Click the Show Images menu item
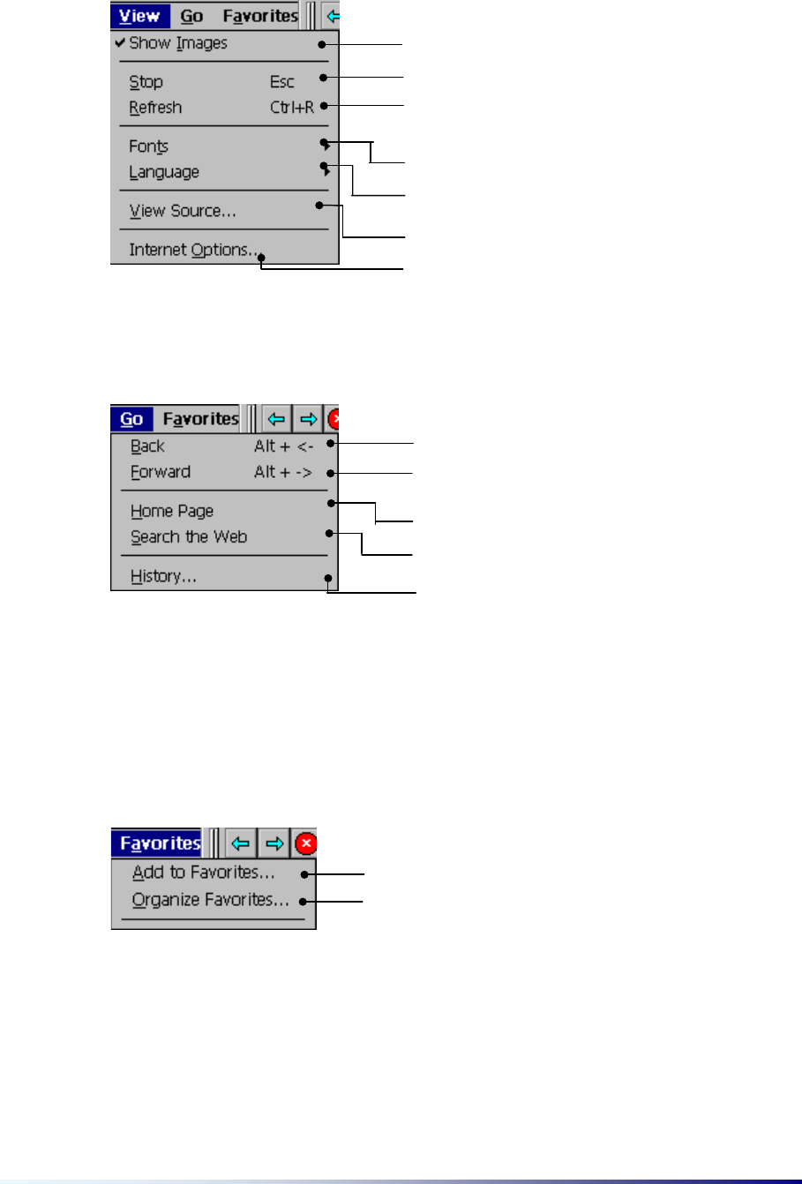click(x=178, y=43)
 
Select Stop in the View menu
click(x=146, y=82)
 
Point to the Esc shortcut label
click(x=282, y=82)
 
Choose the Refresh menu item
click(x=155, y=108)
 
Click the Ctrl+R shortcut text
click(x=292, y=108)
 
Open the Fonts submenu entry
click(x=149, y=146)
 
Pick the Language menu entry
click(x=164, y=172)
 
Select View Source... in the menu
click(x=183, y=211)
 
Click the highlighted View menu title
click(x=139, y=16)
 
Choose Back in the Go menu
click(x=148, y=446)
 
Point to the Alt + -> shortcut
click(x=283, y=472)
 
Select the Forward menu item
click(x=161, y=472)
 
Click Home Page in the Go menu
click(x=172, y=511)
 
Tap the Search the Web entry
click(x=189, y=536)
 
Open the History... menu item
click(x=164, y=576)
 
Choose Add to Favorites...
click(x=204, y=873)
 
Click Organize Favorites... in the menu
click(x=211, y=901)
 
